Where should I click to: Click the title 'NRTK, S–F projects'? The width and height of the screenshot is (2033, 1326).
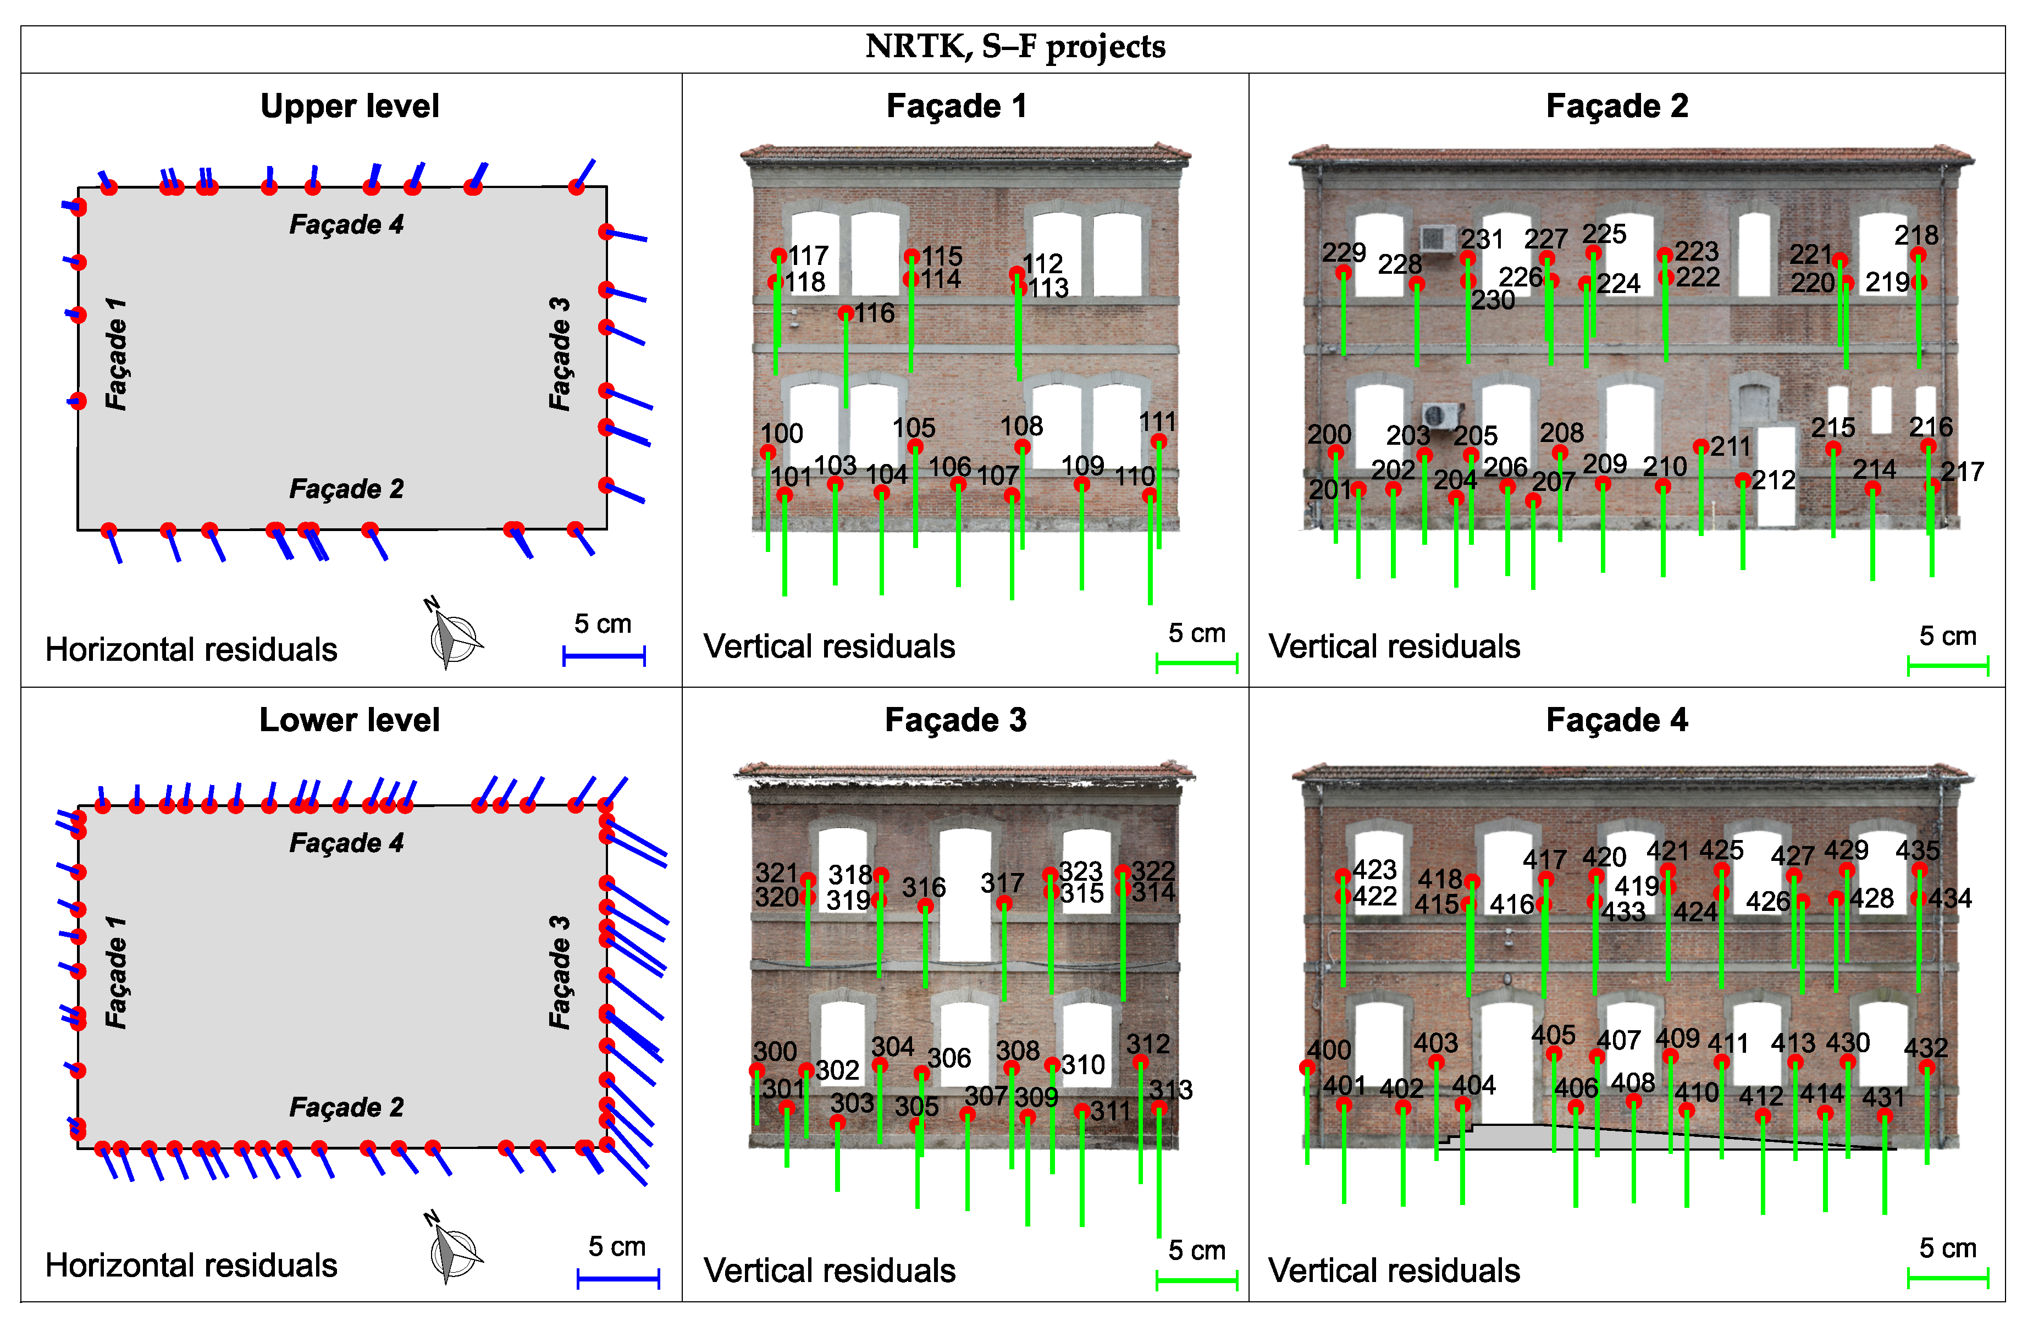click(1015, 47)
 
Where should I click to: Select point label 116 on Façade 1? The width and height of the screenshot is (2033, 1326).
click(875, 313)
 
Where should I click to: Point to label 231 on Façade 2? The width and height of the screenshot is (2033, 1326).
click(1482, 239)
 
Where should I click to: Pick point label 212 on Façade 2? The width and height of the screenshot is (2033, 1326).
click(1774, 480)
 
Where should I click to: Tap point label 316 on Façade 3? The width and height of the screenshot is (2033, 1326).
click(924, 888)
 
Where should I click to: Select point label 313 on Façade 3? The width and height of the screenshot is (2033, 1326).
click(1170, 1090)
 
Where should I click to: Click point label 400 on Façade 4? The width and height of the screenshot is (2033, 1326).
click(1329, 1050)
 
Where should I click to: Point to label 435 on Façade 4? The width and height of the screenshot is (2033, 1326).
click(1918, 850)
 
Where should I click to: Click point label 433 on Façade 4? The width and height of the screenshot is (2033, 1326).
click(1623, 913)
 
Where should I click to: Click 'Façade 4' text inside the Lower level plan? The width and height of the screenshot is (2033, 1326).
click(346, 843)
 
